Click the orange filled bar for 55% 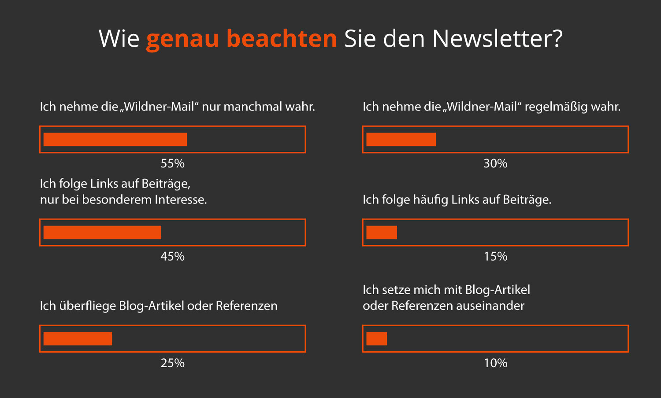[115, 139]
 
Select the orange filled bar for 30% [401, 139]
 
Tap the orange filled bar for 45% [102, 232]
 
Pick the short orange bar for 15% [382, 232]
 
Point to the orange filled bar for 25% [78, 339]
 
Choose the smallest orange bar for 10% [376, 339]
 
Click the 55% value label [172, 164]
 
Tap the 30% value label [495, 164]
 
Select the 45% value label [172, 257]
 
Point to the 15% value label [495, 257]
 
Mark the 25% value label [172, 363]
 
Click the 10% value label [495, 363]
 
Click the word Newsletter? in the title [497, 39]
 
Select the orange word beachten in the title [282, 39]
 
